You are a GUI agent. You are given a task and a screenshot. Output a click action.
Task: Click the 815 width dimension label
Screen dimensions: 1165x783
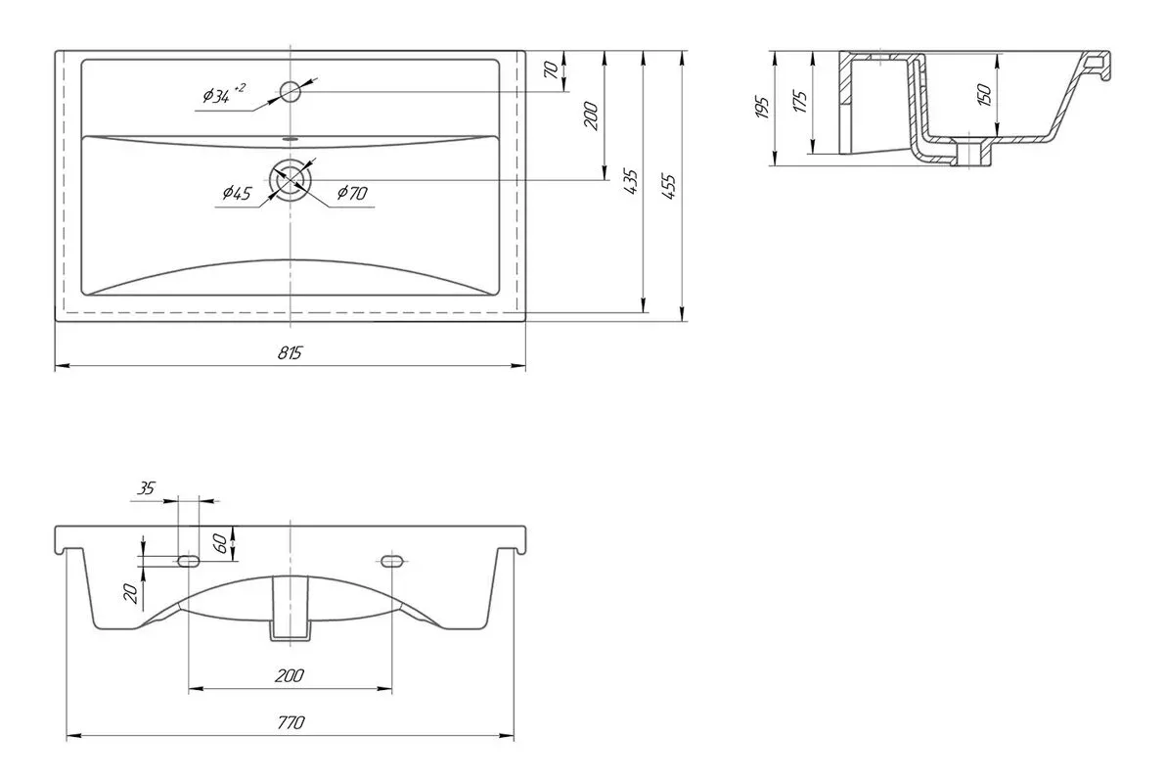290,351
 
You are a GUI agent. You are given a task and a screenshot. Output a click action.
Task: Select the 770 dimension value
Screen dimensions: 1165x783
291,722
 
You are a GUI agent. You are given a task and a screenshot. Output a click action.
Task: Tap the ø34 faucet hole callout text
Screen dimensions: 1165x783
224,94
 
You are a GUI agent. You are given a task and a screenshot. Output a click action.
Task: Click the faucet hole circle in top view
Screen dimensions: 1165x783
290,92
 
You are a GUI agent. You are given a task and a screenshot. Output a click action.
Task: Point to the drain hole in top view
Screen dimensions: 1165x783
291,180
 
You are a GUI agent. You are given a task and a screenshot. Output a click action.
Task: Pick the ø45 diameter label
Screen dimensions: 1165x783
237,194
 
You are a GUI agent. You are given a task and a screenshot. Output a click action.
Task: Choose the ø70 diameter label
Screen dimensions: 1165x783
352,194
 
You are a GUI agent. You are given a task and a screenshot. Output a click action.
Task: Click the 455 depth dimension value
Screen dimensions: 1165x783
669,186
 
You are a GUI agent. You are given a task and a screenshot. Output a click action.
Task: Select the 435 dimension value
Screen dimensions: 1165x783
630,181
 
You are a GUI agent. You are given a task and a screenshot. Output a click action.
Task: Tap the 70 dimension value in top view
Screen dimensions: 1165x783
551,69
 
